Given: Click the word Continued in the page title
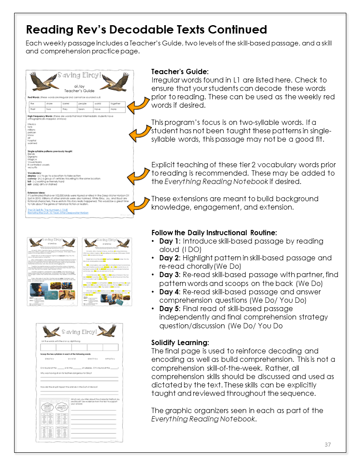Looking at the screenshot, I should pos(233,30).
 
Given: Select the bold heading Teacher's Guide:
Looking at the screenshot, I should pos(180,71).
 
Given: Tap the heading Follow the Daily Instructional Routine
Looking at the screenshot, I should pos(214,233).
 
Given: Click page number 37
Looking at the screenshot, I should pos(327,444).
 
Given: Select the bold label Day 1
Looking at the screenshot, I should pos(169,241).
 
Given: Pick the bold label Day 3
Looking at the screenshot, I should pos(169,274).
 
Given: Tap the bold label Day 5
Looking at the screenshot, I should pos(169,308).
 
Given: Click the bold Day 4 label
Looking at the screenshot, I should pos(169,292).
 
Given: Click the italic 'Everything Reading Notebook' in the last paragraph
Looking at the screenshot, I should pos(202,419).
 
